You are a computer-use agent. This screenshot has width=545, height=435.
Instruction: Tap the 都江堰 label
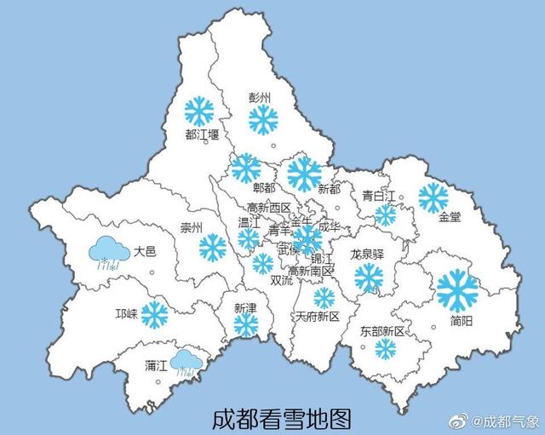point(202,135)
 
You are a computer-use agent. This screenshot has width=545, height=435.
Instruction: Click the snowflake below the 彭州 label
point(263,119)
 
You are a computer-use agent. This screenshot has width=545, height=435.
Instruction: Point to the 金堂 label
point(449,217)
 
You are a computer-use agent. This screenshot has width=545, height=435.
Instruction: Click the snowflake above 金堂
point(433,197)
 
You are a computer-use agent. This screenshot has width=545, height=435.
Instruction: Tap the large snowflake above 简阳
point(457,289)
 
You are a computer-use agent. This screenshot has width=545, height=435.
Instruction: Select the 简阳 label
point(464,320)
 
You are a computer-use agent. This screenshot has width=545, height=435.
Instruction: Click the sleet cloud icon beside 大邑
point(112,253)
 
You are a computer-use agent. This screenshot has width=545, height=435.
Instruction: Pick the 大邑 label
point(145,251)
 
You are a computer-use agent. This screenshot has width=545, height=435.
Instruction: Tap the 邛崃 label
point(126,313)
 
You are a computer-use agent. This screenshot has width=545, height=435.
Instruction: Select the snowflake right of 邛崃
point(154,314)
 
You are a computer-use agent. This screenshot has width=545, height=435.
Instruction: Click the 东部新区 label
point(381,330)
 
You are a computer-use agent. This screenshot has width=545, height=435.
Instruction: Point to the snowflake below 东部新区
point(386,348)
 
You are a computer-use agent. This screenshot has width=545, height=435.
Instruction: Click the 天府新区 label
point(317,316)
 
